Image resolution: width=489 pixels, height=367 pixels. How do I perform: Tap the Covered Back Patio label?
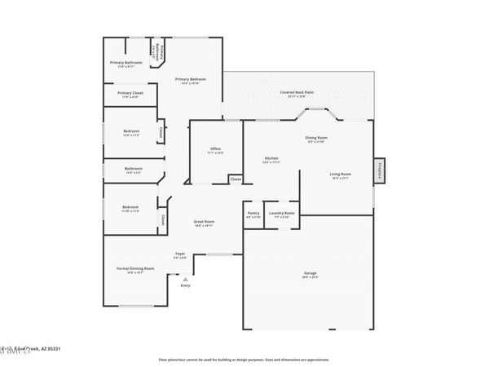point(297,93)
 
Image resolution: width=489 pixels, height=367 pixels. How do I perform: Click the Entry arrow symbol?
point(185,279)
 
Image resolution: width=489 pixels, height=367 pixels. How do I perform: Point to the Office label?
point(214,149)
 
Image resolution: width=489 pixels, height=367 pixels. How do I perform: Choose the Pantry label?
point(253,214)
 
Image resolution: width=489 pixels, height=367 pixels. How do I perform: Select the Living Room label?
point(340,174)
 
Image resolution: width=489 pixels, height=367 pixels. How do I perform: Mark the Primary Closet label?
point(130,93)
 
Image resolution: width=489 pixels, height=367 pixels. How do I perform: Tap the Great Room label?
point(203,222)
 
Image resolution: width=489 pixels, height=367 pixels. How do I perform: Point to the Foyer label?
point(180,254)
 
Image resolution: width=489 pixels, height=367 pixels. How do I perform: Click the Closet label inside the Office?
point(235,179)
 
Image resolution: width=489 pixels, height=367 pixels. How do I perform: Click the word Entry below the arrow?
point(185,285)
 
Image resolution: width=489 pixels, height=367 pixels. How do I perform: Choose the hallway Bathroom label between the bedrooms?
point(133,169)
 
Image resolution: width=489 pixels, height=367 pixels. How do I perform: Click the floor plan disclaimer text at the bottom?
point(244,359)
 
